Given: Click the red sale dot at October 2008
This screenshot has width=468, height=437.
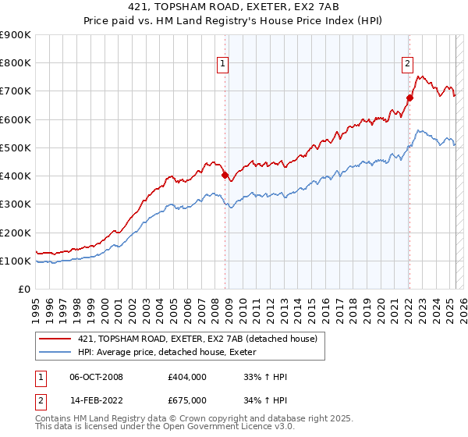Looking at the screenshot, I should pyautogui.click(x=225, y=176).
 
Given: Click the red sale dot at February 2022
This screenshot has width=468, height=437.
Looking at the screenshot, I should pyautogui.click(x=409, y=98).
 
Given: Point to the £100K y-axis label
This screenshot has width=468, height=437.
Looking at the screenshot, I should pyautogui.click(x=16, y=261).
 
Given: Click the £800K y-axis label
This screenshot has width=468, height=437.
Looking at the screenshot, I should pyautogui.click(x=16, y=63).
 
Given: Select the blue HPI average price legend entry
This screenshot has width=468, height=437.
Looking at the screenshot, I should pyautogui.click(x=172, y=353).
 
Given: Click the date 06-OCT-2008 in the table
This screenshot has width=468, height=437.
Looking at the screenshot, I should pyautogui.click(x=97, y=377).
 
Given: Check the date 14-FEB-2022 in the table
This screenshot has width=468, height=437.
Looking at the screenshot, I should pyautogui.click(x=96, y=400).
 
